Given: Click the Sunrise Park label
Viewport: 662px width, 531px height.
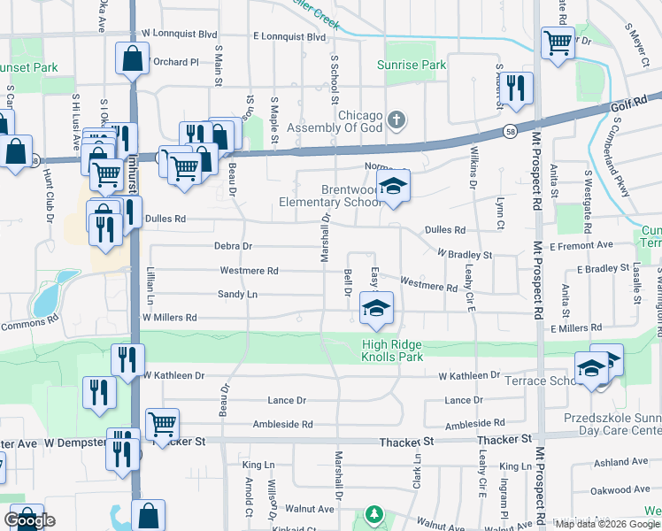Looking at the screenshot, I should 412,65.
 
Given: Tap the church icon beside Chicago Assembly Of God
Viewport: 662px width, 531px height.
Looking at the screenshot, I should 396,119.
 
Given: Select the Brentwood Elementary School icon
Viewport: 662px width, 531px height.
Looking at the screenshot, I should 393,187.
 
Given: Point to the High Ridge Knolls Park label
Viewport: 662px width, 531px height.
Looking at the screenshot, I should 404,350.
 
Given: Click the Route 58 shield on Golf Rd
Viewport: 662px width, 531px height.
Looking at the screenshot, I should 512,131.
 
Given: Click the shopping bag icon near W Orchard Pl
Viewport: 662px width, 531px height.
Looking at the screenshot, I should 132,60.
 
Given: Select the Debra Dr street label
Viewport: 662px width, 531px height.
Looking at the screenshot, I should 233,246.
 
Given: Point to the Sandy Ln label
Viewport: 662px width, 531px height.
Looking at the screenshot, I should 237,294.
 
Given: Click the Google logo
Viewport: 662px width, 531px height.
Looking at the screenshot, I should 29,520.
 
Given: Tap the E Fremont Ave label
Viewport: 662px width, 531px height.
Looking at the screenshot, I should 581,244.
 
